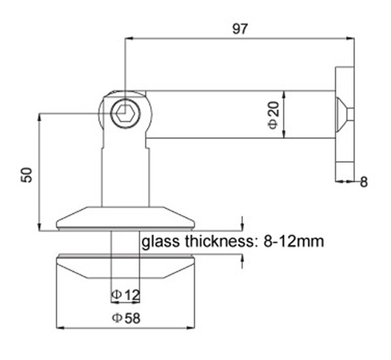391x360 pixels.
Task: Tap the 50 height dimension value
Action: pos(27,174)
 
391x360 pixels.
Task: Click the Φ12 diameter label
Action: pos(126,295)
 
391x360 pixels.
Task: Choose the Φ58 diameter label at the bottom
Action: pos(126,318)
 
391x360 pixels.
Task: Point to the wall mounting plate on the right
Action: pos(344,123)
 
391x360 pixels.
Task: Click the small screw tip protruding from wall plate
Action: pos(351,115)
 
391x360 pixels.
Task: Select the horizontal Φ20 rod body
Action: pos(241,115)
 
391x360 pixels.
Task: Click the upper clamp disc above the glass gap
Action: pos(126,217)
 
